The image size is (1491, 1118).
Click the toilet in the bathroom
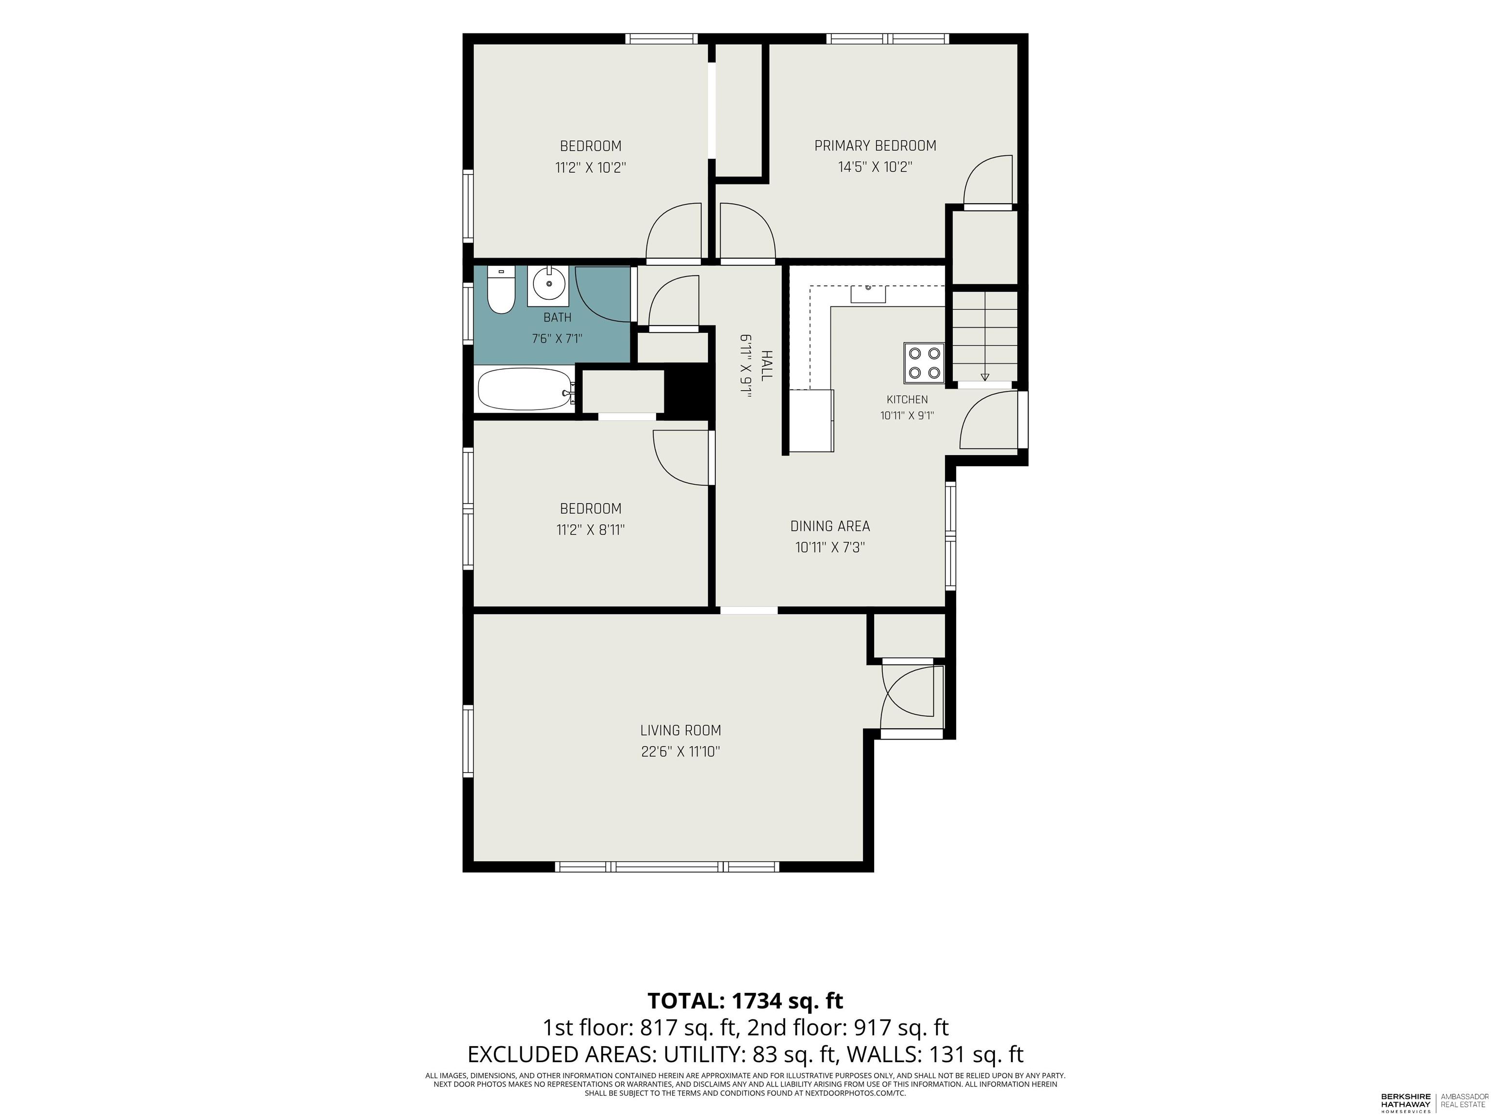pos(501,291)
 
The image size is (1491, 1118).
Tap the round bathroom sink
pos(548,284)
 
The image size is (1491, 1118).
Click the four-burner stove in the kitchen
pos(924,363)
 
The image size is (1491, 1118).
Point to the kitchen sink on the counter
pos(868,294)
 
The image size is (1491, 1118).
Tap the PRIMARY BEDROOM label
pos(875,146)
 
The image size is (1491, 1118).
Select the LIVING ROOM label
pos(681,730)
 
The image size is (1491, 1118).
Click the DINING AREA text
pos(830,526)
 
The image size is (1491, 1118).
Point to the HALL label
pos(766,366)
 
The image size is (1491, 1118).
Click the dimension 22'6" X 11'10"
pos(681,751)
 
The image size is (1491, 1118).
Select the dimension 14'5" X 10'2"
pos(875,167)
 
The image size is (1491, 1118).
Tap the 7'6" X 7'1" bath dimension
pos(557,338)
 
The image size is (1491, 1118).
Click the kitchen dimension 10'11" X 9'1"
pos(907,416)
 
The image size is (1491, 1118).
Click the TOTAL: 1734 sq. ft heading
pos(745,1001)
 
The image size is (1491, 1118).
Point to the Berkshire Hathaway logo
pos(1406,1103)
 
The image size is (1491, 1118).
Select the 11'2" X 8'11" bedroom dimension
pos(591,530)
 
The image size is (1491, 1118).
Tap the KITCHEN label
pos(907,400)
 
